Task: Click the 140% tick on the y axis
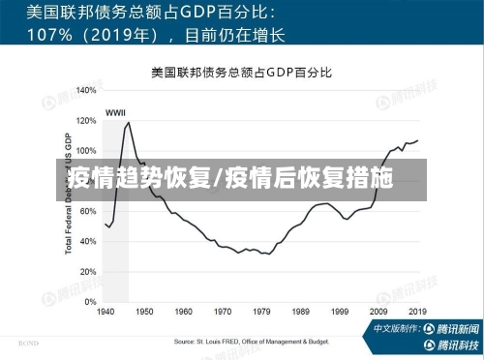(85, 90)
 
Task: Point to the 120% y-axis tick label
(85, 120)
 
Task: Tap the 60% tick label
(87, 211)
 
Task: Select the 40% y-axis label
(87, 241)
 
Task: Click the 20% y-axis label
(87, 272)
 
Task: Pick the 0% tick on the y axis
(89, 302)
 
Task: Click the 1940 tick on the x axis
(106, 313)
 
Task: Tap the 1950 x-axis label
(144, 313)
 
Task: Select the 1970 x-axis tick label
(223, 313)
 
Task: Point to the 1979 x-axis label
(261, 313)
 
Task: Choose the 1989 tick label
(301, 313)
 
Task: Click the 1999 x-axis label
(340, 313)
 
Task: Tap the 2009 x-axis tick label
(378, 313)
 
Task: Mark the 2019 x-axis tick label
(417, 313)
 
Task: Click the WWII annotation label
(115, 111)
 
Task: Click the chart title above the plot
(241, 73)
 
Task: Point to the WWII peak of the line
(128, 122)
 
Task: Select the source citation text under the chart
(251, 342)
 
